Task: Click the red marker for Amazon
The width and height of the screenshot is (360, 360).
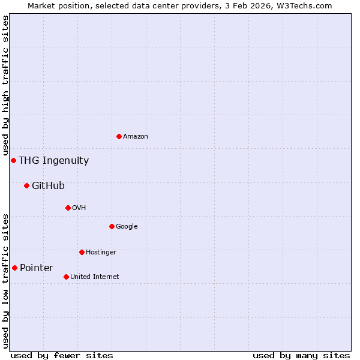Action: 119,137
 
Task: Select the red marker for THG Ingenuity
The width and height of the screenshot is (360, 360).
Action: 13,161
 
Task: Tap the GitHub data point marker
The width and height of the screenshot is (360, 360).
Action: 26,186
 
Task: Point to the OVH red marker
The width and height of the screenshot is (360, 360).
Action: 68,208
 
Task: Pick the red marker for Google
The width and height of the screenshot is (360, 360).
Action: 112,227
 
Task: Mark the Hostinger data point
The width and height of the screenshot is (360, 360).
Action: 82,253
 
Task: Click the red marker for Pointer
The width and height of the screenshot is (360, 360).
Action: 14,268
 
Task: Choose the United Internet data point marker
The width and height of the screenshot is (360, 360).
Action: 66,277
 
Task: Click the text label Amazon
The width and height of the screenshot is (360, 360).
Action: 136,137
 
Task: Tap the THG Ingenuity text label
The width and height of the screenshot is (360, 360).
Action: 53,161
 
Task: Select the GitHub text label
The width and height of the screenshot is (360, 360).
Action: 48,186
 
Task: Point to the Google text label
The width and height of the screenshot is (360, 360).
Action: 127,227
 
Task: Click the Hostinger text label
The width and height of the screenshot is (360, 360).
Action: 101,253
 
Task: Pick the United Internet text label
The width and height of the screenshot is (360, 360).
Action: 94,277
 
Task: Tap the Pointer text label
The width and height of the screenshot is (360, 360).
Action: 37,268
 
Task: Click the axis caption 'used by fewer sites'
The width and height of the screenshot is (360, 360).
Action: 62,356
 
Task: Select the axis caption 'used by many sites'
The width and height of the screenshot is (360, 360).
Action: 301,356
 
